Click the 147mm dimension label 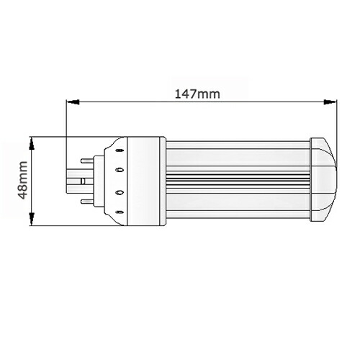click(198, 93)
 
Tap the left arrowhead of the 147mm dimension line click(71, 103)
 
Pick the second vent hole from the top click(120, 170)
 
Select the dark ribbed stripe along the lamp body click(238, 180)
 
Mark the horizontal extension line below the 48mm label click(50, 225)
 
